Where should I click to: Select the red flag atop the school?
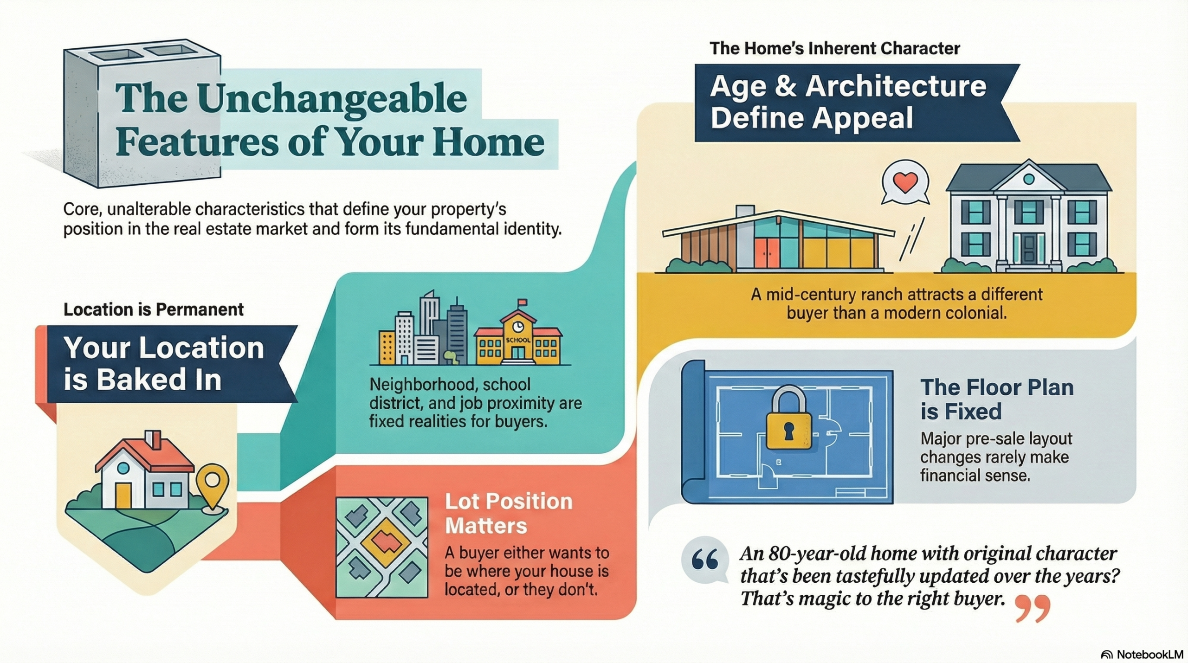522,303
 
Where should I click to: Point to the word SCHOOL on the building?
517,340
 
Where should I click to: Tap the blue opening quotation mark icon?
704,560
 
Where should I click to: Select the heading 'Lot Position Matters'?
509,514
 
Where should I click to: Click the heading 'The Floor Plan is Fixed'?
997,399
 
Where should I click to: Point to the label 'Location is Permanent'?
153,309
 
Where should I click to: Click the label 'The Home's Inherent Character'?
834,48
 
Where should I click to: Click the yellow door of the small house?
123,496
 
